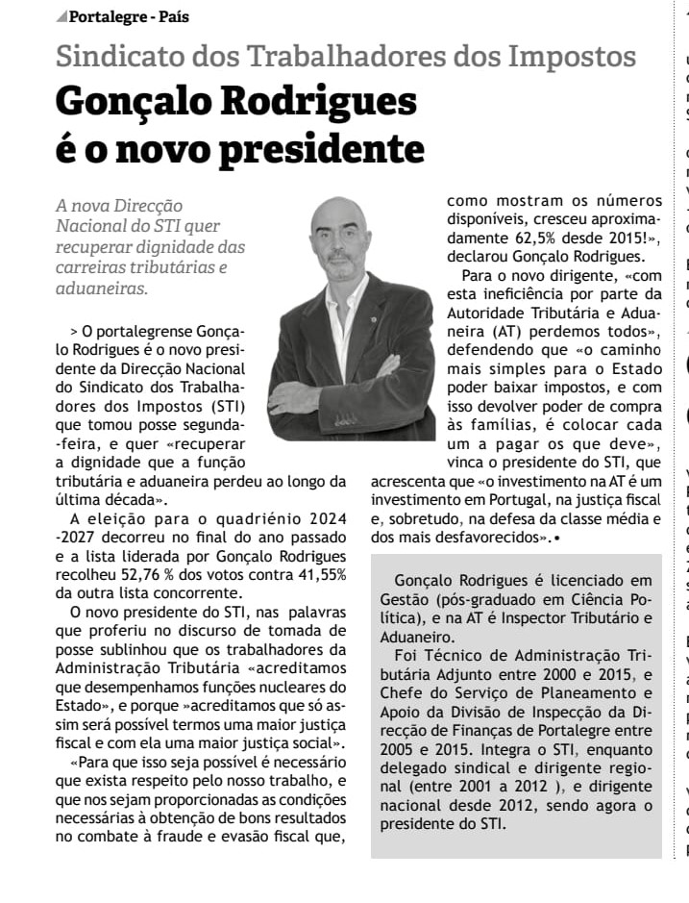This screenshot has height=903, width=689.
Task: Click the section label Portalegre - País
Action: point(130,17)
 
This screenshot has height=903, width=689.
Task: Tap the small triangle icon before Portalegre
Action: point(62,17)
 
